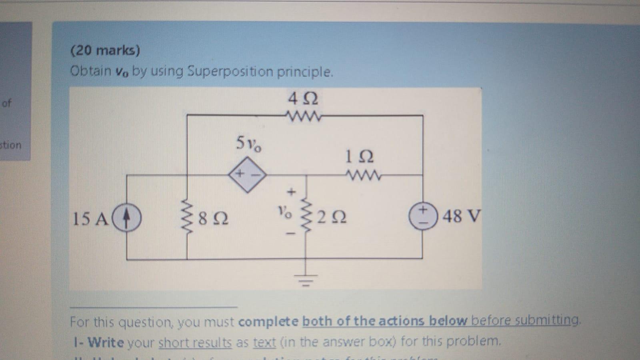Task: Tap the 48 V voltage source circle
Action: [423, 217]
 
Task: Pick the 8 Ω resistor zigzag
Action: [187, 218]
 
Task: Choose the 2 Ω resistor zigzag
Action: [307, 218]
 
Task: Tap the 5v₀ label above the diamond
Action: [249, 144]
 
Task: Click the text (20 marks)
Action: [105, 50]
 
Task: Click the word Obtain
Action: [91, 71]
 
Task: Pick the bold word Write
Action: [106, 342]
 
